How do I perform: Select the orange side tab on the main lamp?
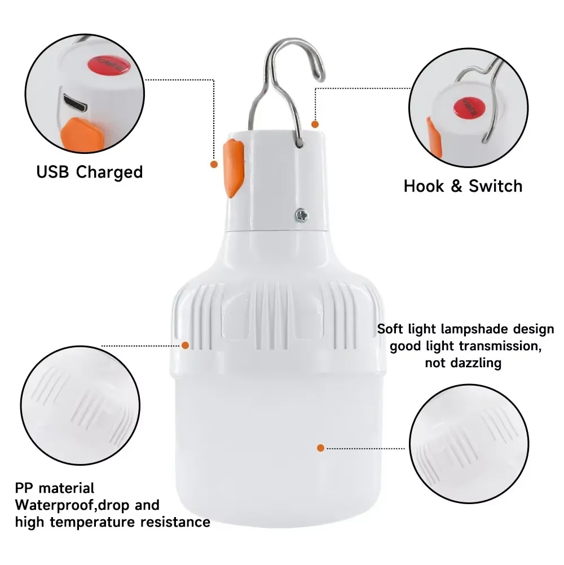coord(232,169)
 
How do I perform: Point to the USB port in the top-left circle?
coord(73,103)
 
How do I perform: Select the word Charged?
coord(109,172)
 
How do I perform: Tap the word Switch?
coord(494,186)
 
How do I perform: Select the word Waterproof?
coord(51,505)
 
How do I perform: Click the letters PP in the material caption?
coord(24,487)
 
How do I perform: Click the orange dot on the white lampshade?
coord(320,448)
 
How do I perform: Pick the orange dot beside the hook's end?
coord(315,123)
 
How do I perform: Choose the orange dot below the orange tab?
coord(214,164)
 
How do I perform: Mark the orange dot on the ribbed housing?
coord(185,345)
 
